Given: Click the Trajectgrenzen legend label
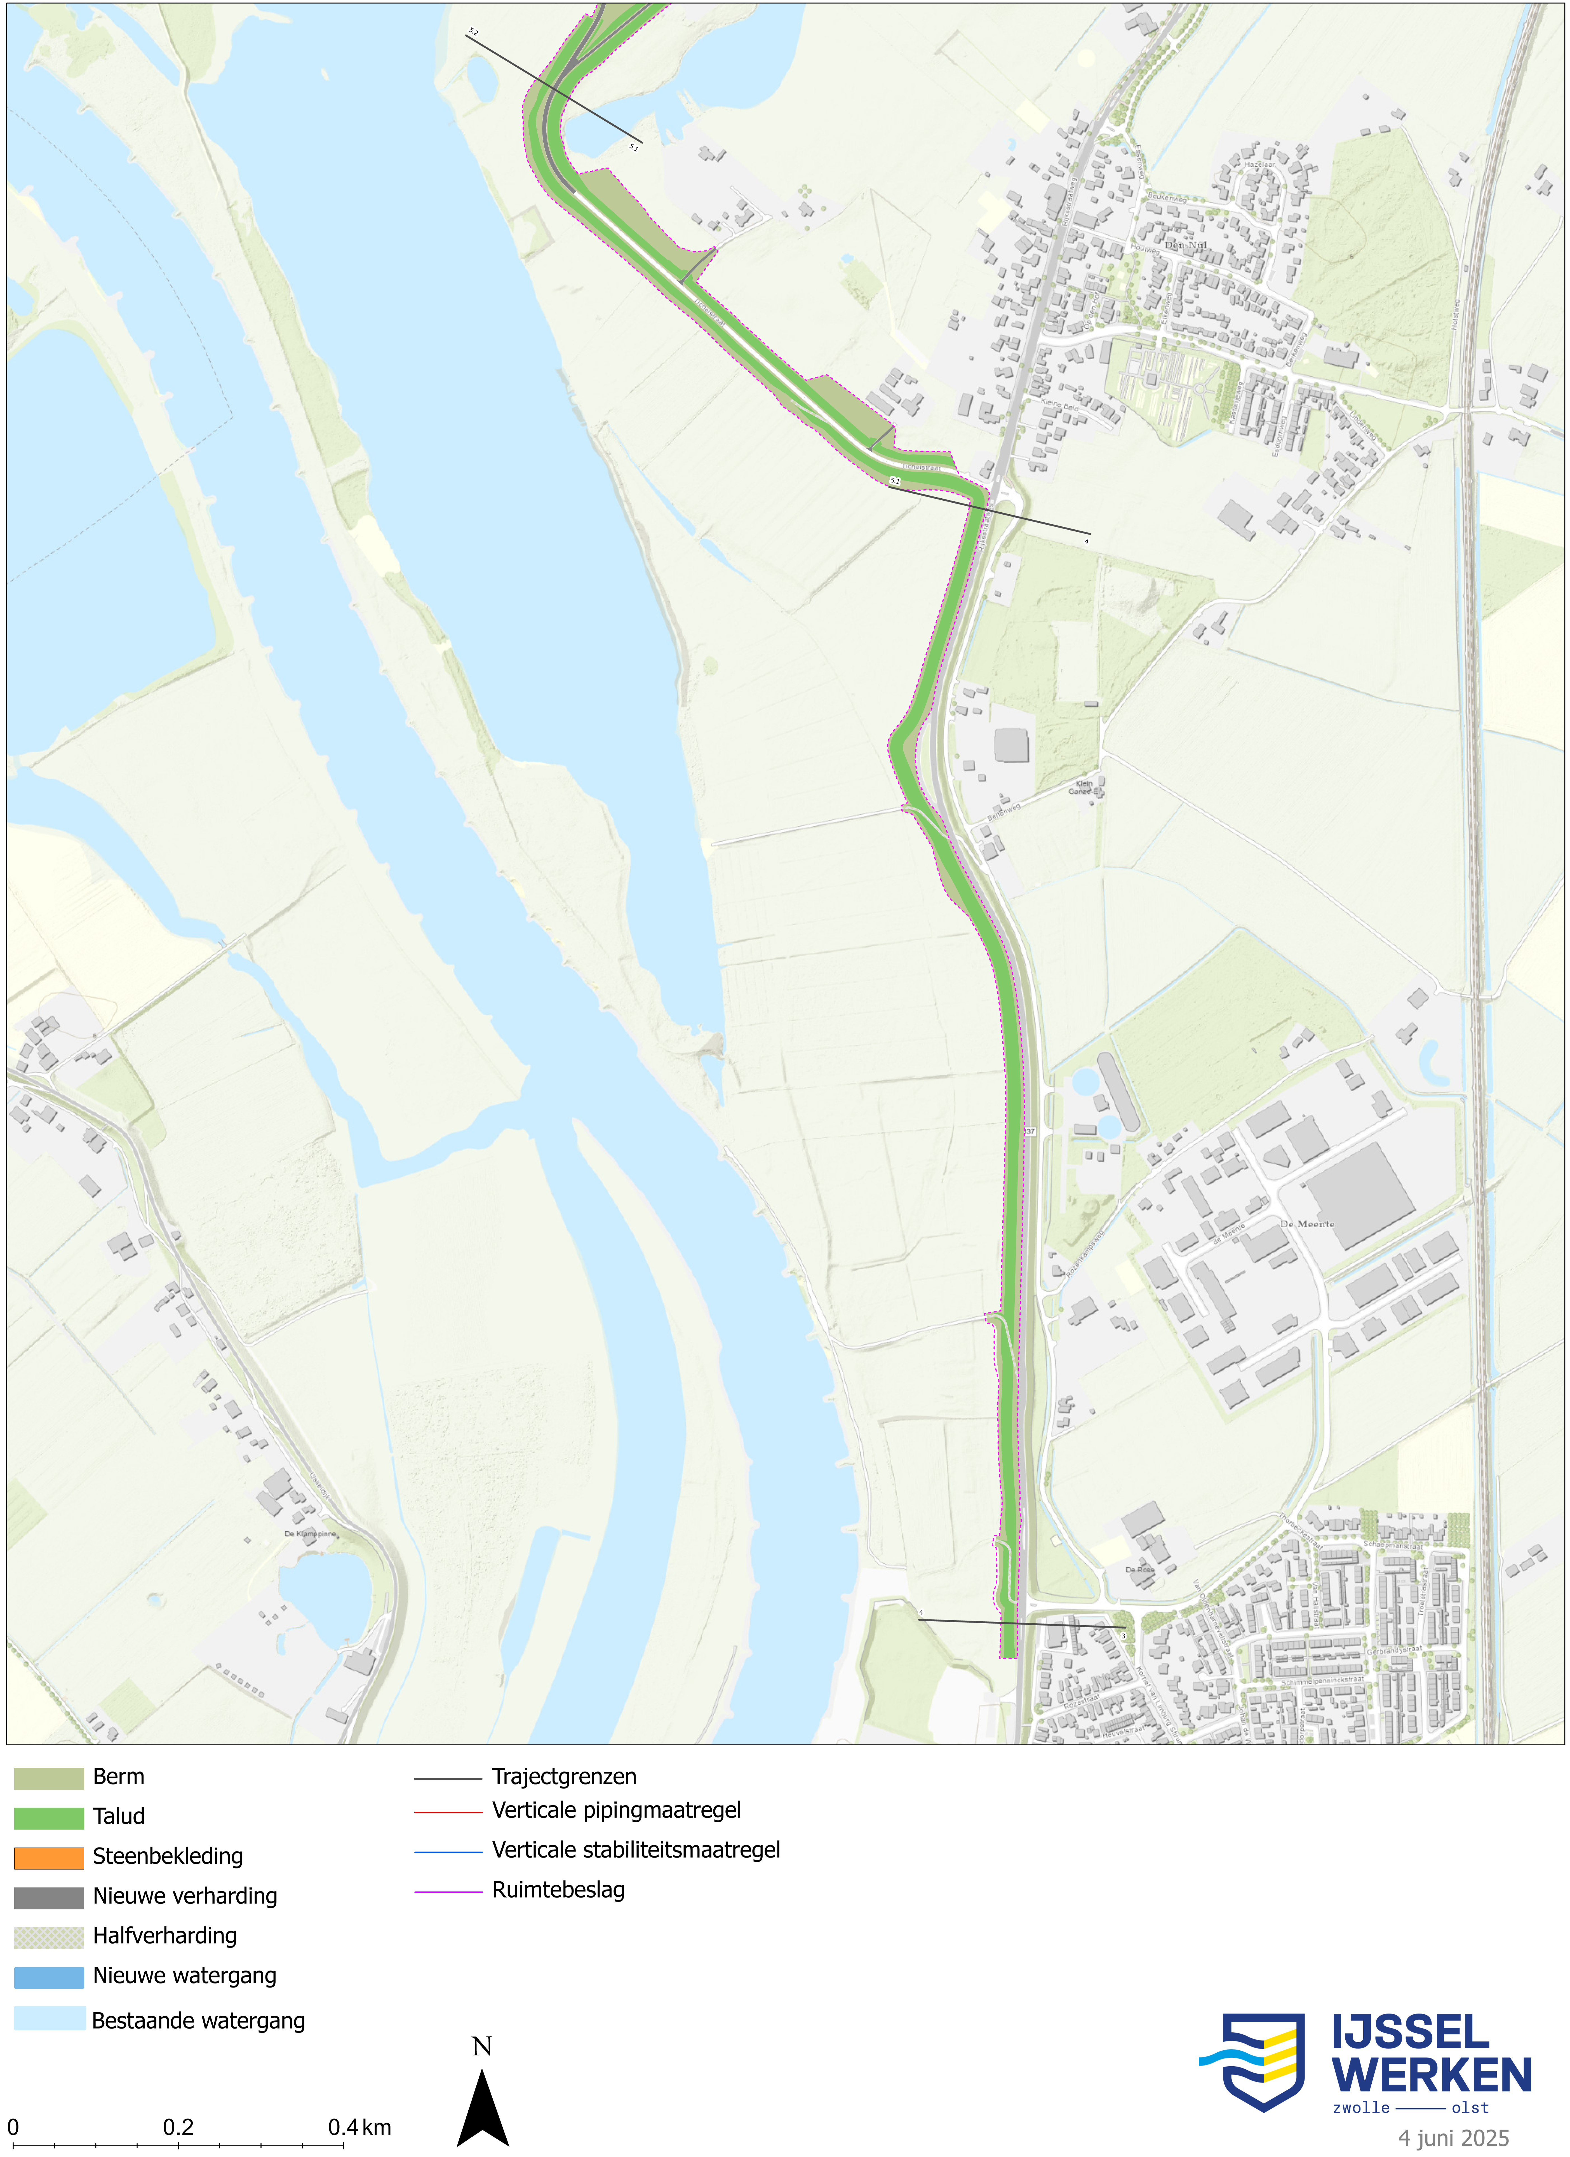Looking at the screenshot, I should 564,1777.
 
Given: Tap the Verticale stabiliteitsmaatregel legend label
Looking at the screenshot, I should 635,1850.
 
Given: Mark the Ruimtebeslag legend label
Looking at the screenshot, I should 558,1890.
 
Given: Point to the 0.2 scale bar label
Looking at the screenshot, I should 178,2126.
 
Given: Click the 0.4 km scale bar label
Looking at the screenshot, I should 359,2126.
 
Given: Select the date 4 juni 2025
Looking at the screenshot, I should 1453,2138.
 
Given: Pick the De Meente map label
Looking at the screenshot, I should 1306,1224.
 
